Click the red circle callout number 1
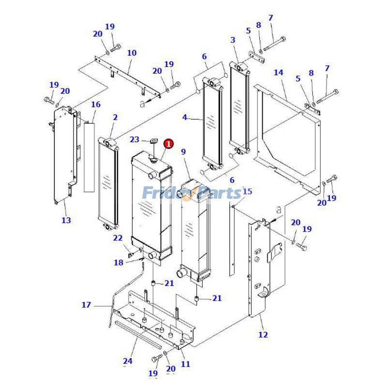[x=168, y=144]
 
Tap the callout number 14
[x=278, y=73]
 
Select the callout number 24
[x=128, y=361]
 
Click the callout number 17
[x=86, y=305]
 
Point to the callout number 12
[x=263, y=335]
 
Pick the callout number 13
[x=66, y=220]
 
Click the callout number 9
[x=183, y=152]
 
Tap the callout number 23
[x=134, y=140]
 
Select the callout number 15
[x=247, y=192]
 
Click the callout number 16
[x=96, y=104]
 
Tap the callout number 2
[x=115, y=117]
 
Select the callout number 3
[x=233, y=40]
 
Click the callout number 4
[x=185, y=117]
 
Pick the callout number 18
[x=119, y=263]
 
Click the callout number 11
[x=185, y=364]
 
